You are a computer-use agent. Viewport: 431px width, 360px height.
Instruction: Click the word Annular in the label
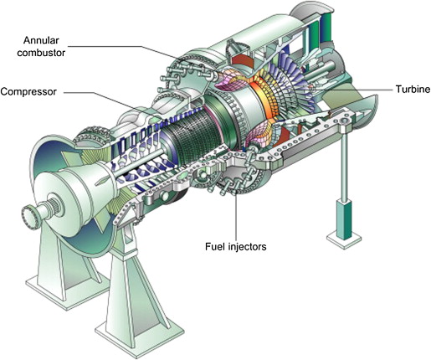pyautogui.click(x=41, y=40)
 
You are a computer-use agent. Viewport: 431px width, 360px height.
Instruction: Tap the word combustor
pyautogui.click(x=41, y=53)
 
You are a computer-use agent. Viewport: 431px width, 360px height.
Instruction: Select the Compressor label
pyautogui.click(x=28, y=91)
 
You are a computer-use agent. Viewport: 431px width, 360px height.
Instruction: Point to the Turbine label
pyautogui.click(x=413, y=90)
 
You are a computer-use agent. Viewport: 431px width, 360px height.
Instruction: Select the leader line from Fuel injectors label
pyautogui.click(x=237, y=215)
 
